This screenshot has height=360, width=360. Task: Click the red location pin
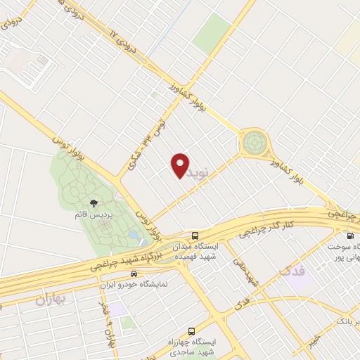coord(181,165)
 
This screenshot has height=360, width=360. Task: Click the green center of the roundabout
coord(254,143)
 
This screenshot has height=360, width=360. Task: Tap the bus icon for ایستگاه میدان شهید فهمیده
coord(195,236)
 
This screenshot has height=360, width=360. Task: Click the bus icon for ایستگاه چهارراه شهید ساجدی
coord(191,330)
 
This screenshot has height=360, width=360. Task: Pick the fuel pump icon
coord(350,236)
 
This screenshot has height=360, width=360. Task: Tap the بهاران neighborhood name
coord(49,300)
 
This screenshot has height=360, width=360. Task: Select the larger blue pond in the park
coord(133,235)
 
